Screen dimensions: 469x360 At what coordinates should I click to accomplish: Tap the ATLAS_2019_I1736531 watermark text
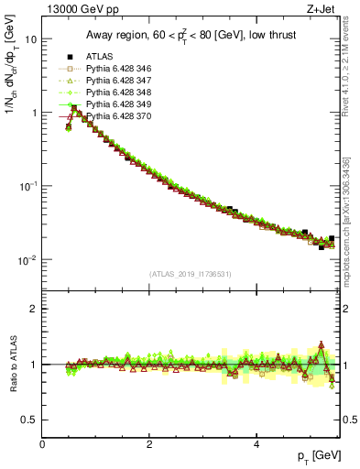[191, 274]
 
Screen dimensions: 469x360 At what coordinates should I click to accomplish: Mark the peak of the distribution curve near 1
[74, 107]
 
